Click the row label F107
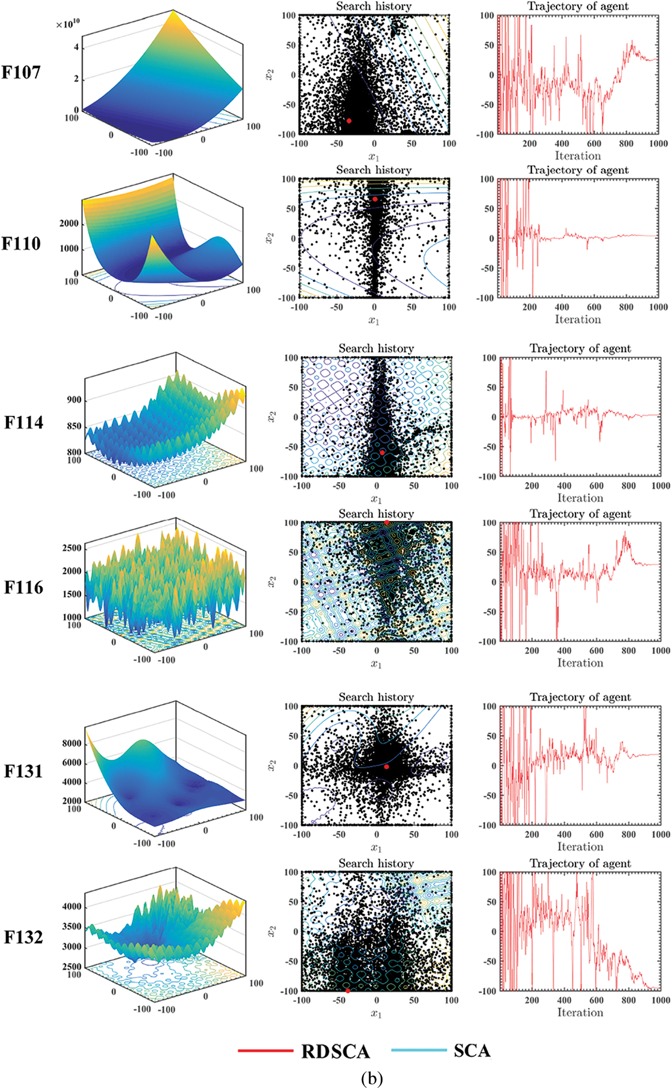tap(21, 72)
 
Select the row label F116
tap(23, 587)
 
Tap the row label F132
tap(23, 937)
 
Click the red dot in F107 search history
tap(349, 120)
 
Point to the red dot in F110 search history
tap(375, 199)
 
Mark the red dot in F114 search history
tap(382, 452)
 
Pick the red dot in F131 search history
tap(386, 767)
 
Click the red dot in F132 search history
tap(347, 991)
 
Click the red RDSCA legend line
tap(265, 1050)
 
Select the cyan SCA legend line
tap(419, 1050)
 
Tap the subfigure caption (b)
tap(372, 1078)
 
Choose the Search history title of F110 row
tap(374, 170)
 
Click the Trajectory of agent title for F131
tap(580, 697)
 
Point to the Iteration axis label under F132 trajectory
tap(580, 1012)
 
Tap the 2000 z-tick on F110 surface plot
tap(69, 223)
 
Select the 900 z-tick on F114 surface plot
tap(74, 400)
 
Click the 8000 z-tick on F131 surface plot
tap(72, 743)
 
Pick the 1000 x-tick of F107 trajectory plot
tap(658, 143)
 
